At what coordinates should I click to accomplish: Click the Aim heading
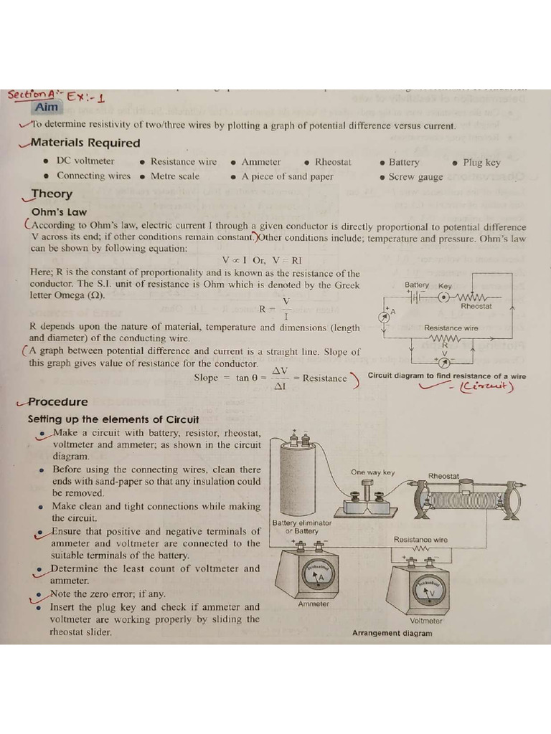[x=47, y=108]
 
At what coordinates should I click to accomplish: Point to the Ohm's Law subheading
[x=59, y=211]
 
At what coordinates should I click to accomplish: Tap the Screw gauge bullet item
[x=415, y=176]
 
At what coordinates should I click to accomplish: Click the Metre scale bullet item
[x=175, y=176]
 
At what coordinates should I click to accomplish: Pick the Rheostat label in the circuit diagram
[x=476, y=306]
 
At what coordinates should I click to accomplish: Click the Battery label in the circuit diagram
[x=417, y=285]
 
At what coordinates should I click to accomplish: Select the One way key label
[x=373, y=472]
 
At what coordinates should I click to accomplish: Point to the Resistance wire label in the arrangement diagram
[x=420, y=539]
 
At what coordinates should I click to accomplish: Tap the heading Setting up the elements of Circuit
[x=113, y=419]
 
